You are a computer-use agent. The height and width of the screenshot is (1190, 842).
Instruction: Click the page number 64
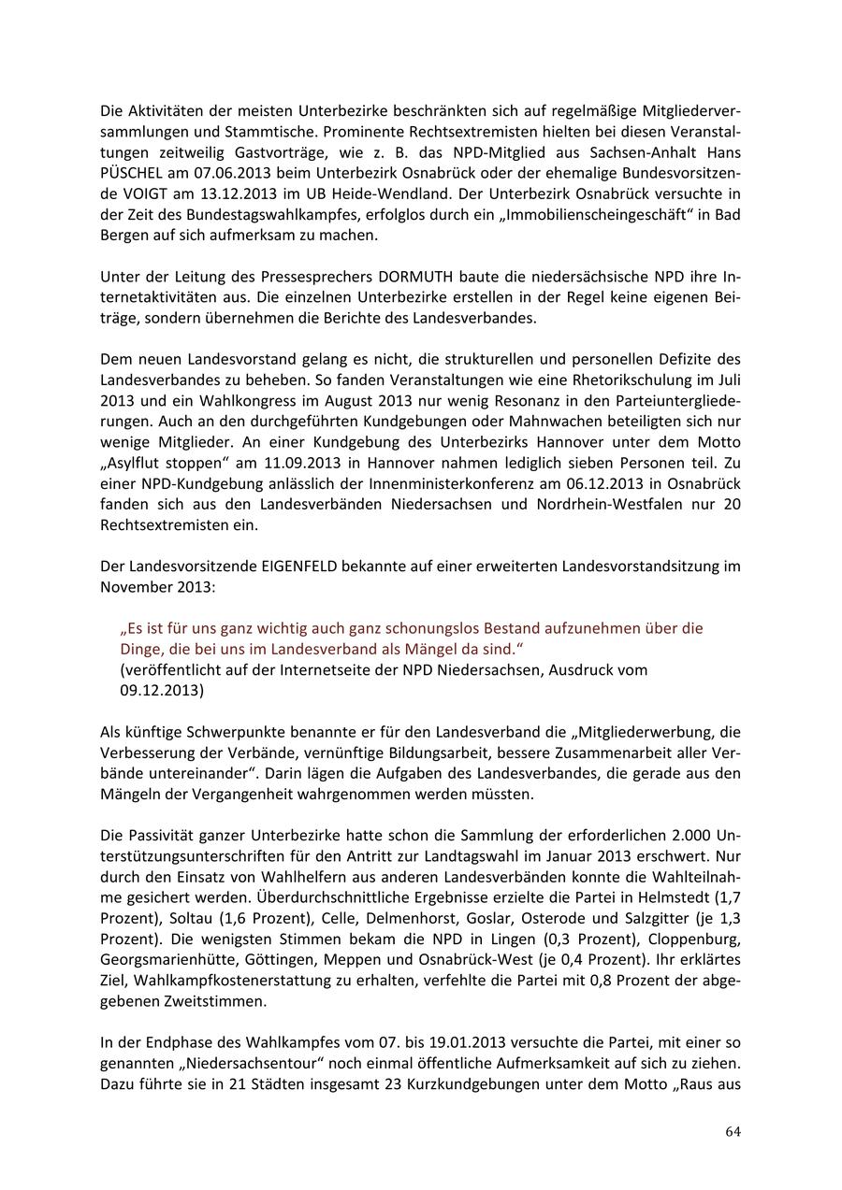tap(733, 1131)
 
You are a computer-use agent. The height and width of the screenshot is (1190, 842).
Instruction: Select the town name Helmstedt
tap(667, 896)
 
